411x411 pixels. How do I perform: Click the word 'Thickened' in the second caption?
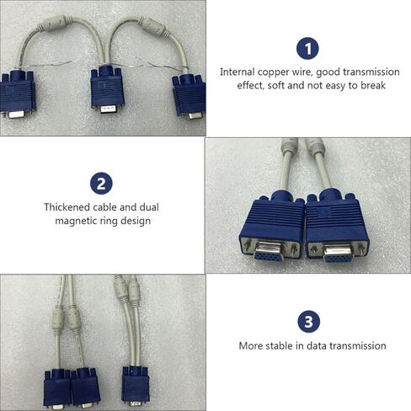pyautogui.click(x=67, y=206)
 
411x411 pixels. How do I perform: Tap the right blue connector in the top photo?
pyautogui.click(x=189, y=96)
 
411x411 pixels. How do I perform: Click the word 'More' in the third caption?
pyautogui.click(x=251, y=345)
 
